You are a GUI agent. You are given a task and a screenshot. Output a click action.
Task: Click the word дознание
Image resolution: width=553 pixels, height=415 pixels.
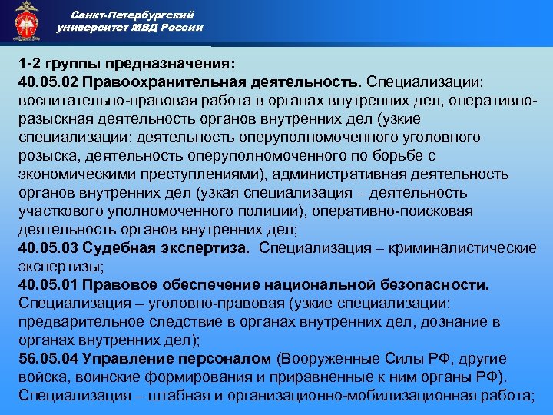(x=445, y=323)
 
